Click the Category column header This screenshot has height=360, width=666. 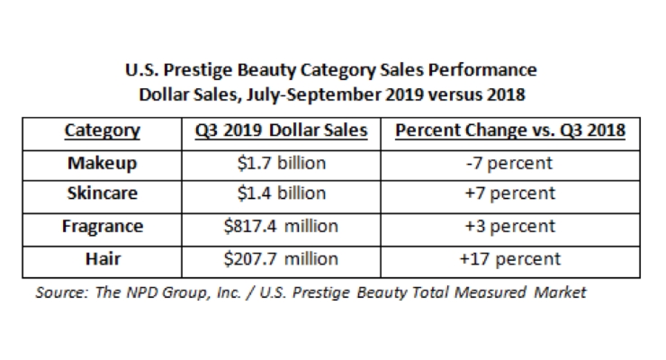pos(102,130)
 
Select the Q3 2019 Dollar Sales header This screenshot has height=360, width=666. pos(281,130)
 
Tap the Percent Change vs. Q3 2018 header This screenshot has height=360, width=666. pos(510,130)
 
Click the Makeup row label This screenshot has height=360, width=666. pos(103,163)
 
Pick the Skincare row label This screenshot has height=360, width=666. pos(103,193)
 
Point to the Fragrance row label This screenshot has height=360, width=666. pos(103,226)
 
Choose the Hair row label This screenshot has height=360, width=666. pos(103,259)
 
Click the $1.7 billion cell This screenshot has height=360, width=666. pos(282,163)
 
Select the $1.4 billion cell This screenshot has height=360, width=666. pos(282,193)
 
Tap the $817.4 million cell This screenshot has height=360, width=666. pos(281,226)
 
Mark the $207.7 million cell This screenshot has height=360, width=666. pos(281,259)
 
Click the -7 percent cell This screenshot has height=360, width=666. pos(509,164)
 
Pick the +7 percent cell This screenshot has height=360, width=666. pos(509,193)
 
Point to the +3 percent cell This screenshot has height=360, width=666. pos(509,227)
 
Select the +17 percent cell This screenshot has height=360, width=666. pos(509,259)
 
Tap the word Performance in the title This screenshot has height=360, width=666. pos(482,70)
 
